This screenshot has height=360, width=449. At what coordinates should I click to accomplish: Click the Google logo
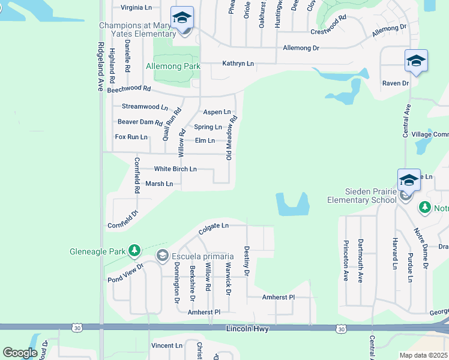20,353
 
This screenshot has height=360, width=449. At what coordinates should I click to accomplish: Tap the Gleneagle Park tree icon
134,249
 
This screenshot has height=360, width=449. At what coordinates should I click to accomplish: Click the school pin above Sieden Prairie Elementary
408,179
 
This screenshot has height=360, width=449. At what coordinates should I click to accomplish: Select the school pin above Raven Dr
416,61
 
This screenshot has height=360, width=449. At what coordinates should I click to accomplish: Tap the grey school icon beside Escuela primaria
162,256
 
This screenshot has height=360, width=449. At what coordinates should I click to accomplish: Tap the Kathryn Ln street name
238,63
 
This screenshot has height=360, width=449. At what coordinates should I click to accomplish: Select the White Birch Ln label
175,169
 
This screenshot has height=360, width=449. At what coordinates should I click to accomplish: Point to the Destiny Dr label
246,260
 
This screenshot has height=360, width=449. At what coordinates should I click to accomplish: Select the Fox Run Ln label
131,137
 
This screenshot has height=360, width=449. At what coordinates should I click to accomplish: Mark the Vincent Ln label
166,346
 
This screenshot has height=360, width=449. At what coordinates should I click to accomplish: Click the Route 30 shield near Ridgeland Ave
76,328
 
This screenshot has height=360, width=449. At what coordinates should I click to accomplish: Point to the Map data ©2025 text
423,355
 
